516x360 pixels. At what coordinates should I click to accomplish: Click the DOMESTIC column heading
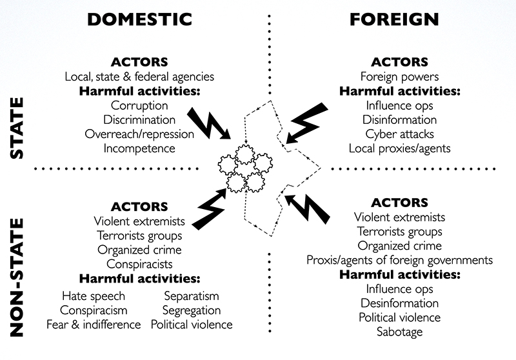(x=139, y=18)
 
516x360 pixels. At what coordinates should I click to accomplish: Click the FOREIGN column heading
(x=394, y=18)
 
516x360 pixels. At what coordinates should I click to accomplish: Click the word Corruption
(x=139, y=105)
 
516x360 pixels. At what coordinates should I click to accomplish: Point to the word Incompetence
(x=139, y=148)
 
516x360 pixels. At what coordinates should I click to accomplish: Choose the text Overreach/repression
(x=139, y=134)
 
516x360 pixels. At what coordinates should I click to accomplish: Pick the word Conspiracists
(x=139, y=264)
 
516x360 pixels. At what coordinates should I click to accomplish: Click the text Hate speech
(x=94, y=296)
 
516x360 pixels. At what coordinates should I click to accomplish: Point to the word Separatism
(x=192, y=296)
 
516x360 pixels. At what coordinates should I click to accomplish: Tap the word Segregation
(x=192, y=310)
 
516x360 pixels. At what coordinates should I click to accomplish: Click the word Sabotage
(x=400, y=332)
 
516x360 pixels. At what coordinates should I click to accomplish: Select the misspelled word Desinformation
(x=400, y=303)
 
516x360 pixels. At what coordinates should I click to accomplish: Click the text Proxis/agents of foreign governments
(x=400, y=260)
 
